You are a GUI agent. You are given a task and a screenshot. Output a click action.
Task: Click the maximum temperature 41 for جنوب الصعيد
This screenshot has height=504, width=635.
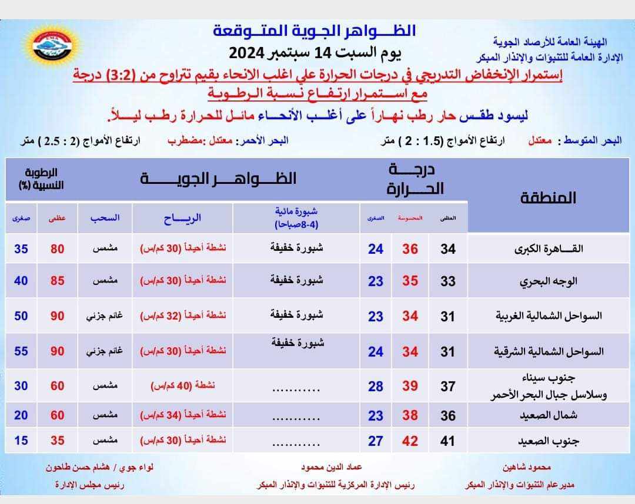pos(448,441)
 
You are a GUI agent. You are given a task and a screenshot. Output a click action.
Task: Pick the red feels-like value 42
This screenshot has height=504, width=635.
pos(410,441)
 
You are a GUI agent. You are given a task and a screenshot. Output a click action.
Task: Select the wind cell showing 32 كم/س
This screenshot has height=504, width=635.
pos(183,316)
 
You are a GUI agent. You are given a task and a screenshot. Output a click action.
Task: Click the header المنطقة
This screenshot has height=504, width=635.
pos(548,197)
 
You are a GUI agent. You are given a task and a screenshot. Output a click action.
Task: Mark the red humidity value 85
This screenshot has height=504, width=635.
pos(57,281)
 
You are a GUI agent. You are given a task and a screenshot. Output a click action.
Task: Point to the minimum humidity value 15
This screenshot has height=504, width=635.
pos(21,440)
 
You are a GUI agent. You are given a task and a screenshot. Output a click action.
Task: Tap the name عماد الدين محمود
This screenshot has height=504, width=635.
pos(330,468)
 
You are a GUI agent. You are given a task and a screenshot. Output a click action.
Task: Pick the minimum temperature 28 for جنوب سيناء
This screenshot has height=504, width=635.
pos(375,386)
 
